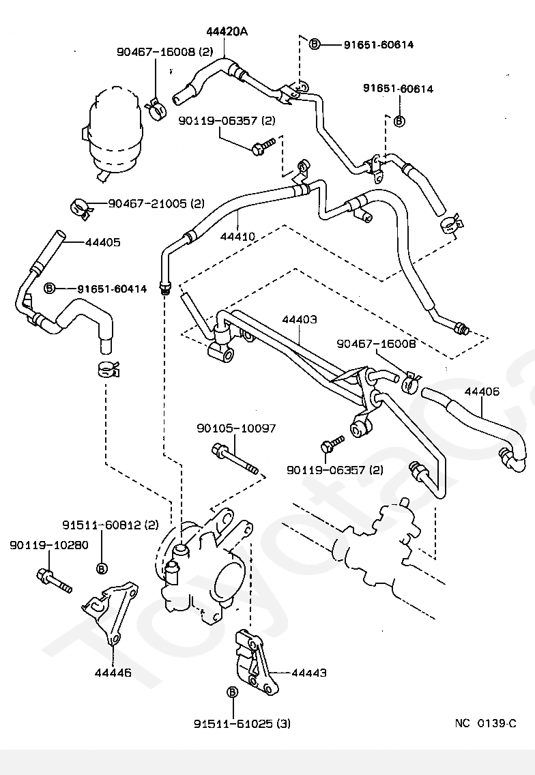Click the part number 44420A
pos(227,31)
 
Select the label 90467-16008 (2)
pos(164,51)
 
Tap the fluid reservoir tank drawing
pos(113,134)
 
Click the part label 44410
pos(238,236)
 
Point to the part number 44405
pos(103,243)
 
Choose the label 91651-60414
pos(112,289)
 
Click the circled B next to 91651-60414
pos(49,288)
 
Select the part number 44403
pos(300,319)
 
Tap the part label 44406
pos(482,392)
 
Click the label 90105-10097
pos(236,428)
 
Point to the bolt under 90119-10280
pos(55,581)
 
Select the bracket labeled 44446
pos(111,613)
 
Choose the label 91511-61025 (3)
pos(242,724)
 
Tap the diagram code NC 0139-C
pos(486,724)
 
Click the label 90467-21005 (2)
pos(156,203)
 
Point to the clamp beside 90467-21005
pos(81,209)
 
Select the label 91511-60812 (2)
pos(111,525)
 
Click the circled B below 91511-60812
pos(102,568)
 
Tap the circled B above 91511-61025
pos(233,692)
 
